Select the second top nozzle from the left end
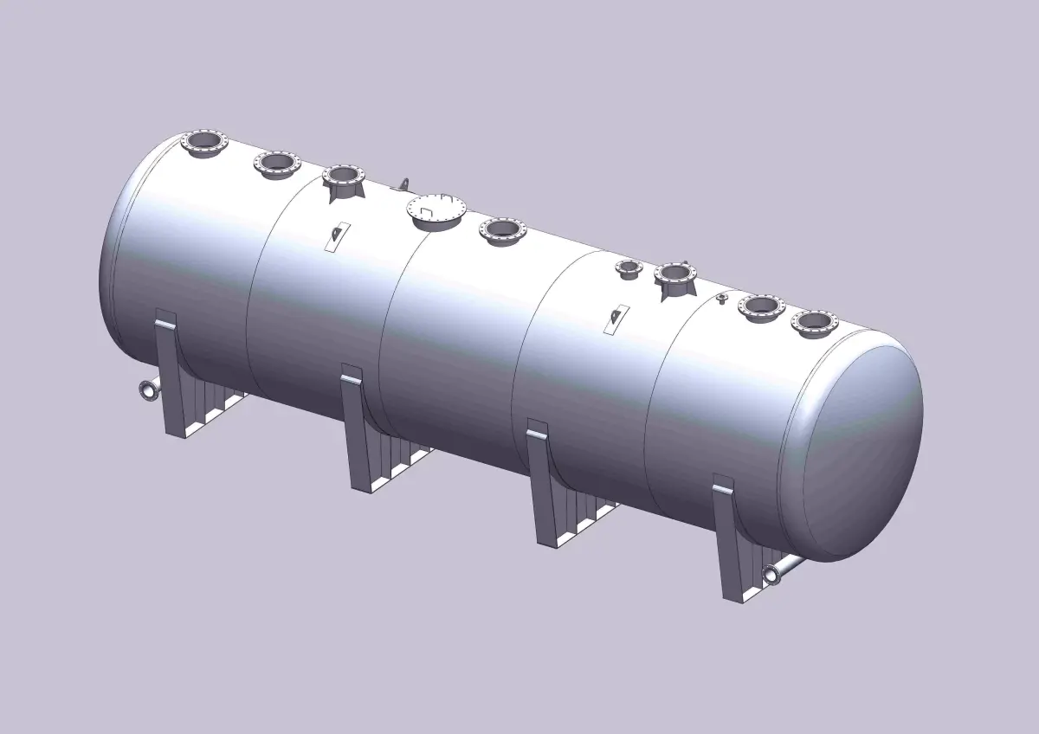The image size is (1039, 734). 276,162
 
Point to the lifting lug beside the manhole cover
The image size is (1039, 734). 402,183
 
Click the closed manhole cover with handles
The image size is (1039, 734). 436,209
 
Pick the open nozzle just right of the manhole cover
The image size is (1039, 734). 502,229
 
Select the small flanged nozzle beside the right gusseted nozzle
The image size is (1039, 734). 624,268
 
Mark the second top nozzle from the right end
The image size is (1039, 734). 761,306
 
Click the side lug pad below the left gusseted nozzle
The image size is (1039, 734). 337,235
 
